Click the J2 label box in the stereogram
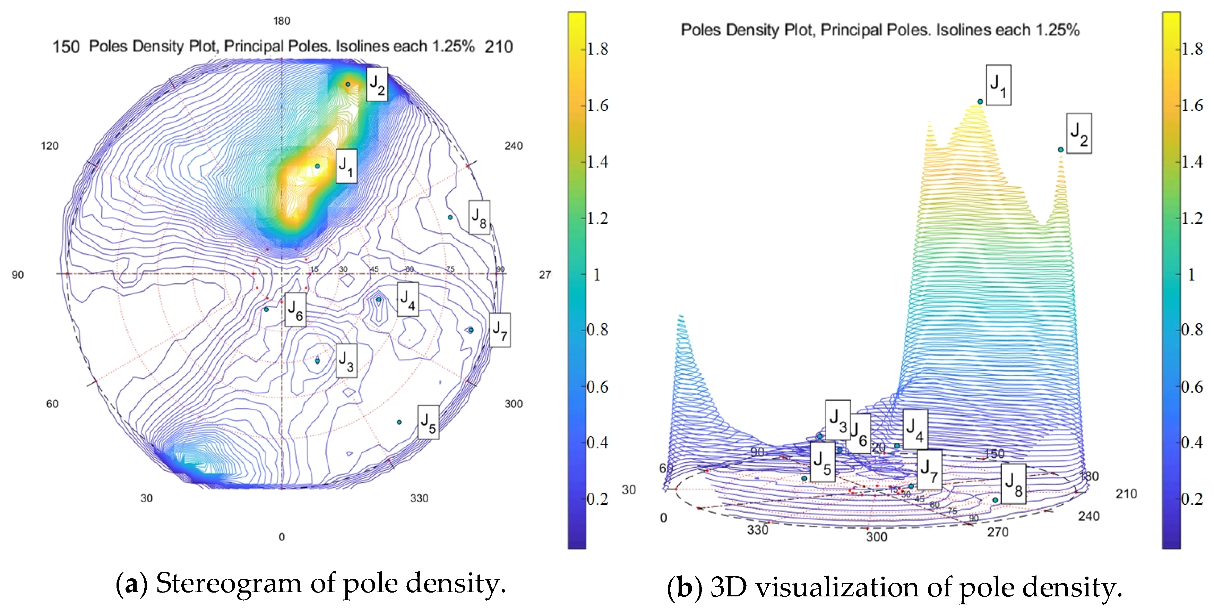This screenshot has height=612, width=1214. tap(377, 84)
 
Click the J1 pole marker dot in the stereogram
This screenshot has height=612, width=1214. tap(317, 166)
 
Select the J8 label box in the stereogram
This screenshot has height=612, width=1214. tap(479, 218)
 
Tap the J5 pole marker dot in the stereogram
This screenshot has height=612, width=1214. tap(399, 422)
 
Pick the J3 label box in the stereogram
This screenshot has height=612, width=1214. tap(346, 361)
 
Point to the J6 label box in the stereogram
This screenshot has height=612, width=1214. tap(295, 309)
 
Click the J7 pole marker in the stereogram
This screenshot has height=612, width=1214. tap(470, 330)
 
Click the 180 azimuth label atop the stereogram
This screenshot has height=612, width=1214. tap(281, 21)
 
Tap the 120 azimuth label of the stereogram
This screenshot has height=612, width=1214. tap(50, 146)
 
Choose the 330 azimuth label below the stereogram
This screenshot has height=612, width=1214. tap(419, 498)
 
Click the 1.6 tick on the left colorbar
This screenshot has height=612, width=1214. tap(597, 105)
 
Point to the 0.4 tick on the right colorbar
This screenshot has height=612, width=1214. tap(1192, 443)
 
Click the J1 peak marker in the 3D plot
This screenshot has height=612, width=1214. tap(980, 101)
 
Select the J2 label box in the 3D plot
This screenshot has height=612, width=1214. tap(1079, 134)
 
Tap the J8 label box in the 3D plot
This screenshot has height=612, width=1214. tap(1014, 484)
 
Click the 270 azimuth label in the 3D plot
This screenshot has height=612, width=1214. tap(998, 532)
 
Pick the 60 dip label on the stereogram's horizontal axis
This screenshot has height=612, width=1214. tap(410, 269)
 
